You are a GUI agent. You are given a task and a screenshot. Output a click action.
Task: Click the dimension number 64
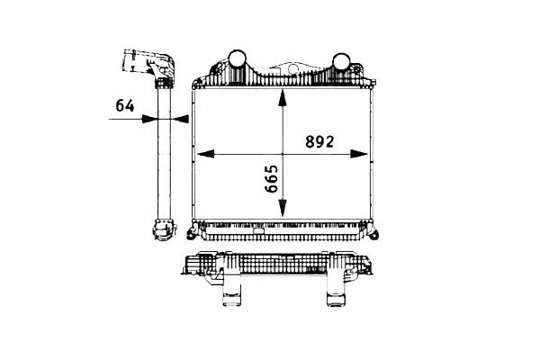pyautogui.click(x=125, y=105)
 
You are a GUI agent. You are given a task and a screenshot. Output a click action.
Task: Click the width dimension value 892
pyautogui.click(x=319, y=141)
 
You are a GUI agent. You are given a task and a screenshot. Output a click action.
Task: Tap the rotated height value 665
pyautogui.click(x=272, y=178)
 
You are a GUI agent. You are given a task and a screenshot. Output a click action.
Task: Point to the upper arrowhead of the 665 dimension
pyautogui.click(x=283, y=98)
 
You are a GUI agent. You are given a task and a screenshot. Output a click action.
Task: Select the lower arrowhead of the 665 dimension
pyautogui.click(x=283, y=208)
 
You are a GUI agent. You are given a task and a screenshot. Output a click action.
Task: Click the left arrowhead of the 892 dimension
pyautogui.click(x=205, y=154)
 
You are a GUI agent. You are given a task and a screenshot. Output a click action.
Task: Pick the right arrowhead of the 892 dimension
pyautogui.click(x=359, y=154)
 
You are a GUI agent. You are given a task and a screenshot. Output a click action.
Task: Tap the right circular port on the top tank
pyautogui.click(x=341, y=62)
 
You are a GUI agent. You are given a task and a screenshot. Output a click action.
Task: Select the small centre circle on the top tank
pyautogui.click(x=292, y=69)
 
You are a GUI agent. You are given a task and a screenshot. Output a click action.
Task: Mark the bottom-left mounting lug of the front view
pyautogui.click(x=191, y=233)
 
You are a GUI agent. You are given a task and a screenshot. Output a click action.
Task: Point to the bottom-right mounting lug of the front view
pyautogui.click(x=373, y=233)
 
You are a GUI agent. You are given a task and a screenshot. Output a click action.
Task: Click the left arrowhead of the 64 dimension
pyautogui.click(x=148, y=119)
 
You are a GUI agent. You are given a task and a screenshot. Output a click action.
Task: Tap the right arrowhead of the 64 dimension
pyautogui.click(x=180, y=119)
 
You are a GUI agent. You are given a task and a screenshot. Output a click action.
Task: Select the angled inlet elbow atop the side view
pyautogui.click(x=148, y=65)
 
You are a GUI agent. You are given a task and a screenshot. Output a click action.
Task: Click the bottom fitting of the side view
pyautogui.click(x=165, y=229)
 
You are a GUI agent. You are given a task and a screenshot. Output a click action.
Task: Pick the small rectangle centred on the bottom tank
pyautogui.click(x=257, y=231)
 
